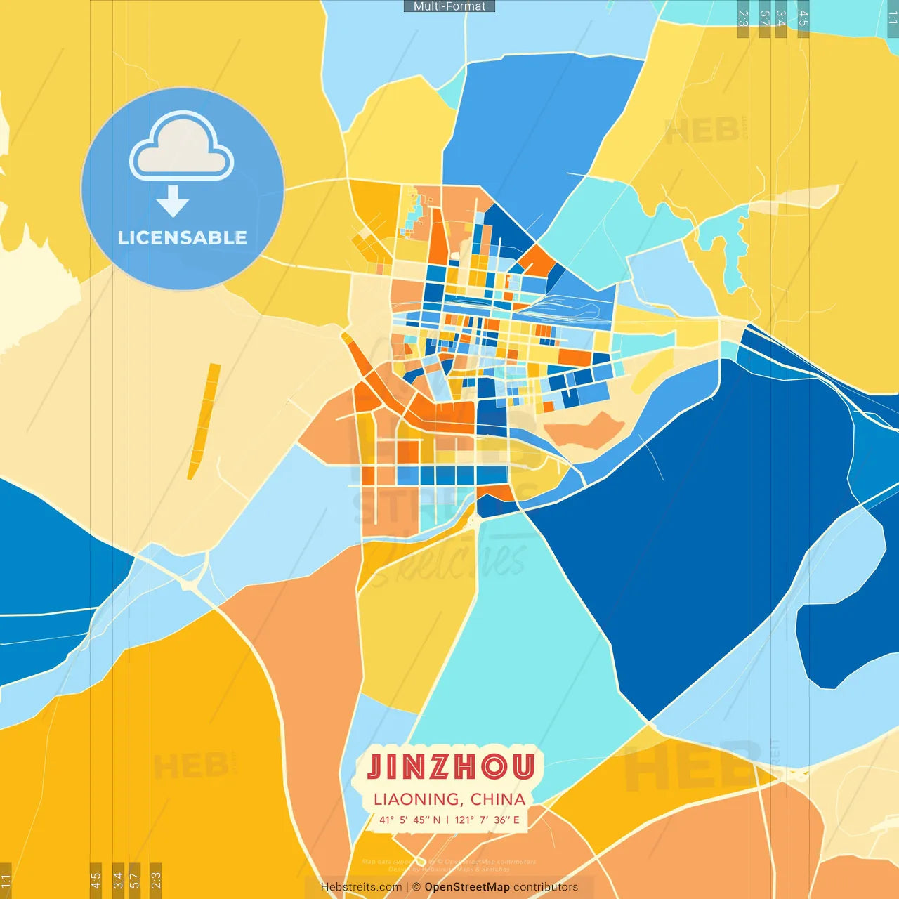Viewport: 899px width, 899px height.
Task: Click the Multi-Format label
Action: [x=449, y=6]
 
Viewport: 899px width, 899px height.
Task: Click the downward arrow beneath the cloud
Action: [x=173, y=202]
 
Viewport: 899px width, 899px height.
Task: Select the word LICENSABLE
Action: [x=183, y=237]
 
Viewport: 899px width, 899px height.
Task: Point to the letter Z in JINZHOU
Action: [x=443, y=767]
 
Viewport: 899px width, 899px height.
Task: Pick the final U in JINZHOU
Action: [x=523, y=767]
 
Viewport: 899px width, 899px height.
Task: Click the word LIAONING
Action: [x=415, y=799]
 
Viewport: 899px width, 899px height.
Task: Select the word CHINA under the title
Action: [x=498, y=799]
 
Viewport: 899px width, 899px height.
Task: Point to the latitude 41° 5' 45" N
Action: [x=410, y=820]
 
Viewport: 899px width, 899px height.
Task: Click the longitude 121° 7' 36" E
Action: [x=487, y=820]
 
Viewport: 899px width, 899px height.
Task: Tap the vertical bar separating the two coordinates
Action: [x=448, y=820]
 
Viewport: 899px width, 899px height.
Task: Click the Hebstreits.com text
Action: [x=361, y=887]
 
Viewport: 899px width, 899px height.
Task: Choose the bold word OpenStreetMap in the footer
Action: [x=467, y=887]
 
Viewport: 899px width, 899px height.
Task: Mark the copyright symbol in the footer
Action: [x=416, y=887]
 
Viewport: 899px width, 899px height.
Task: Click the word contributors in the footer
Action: [x=546, y=887]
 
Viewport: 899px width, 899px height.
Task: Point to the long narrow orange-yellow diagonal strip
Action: [x=204, y=421]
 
